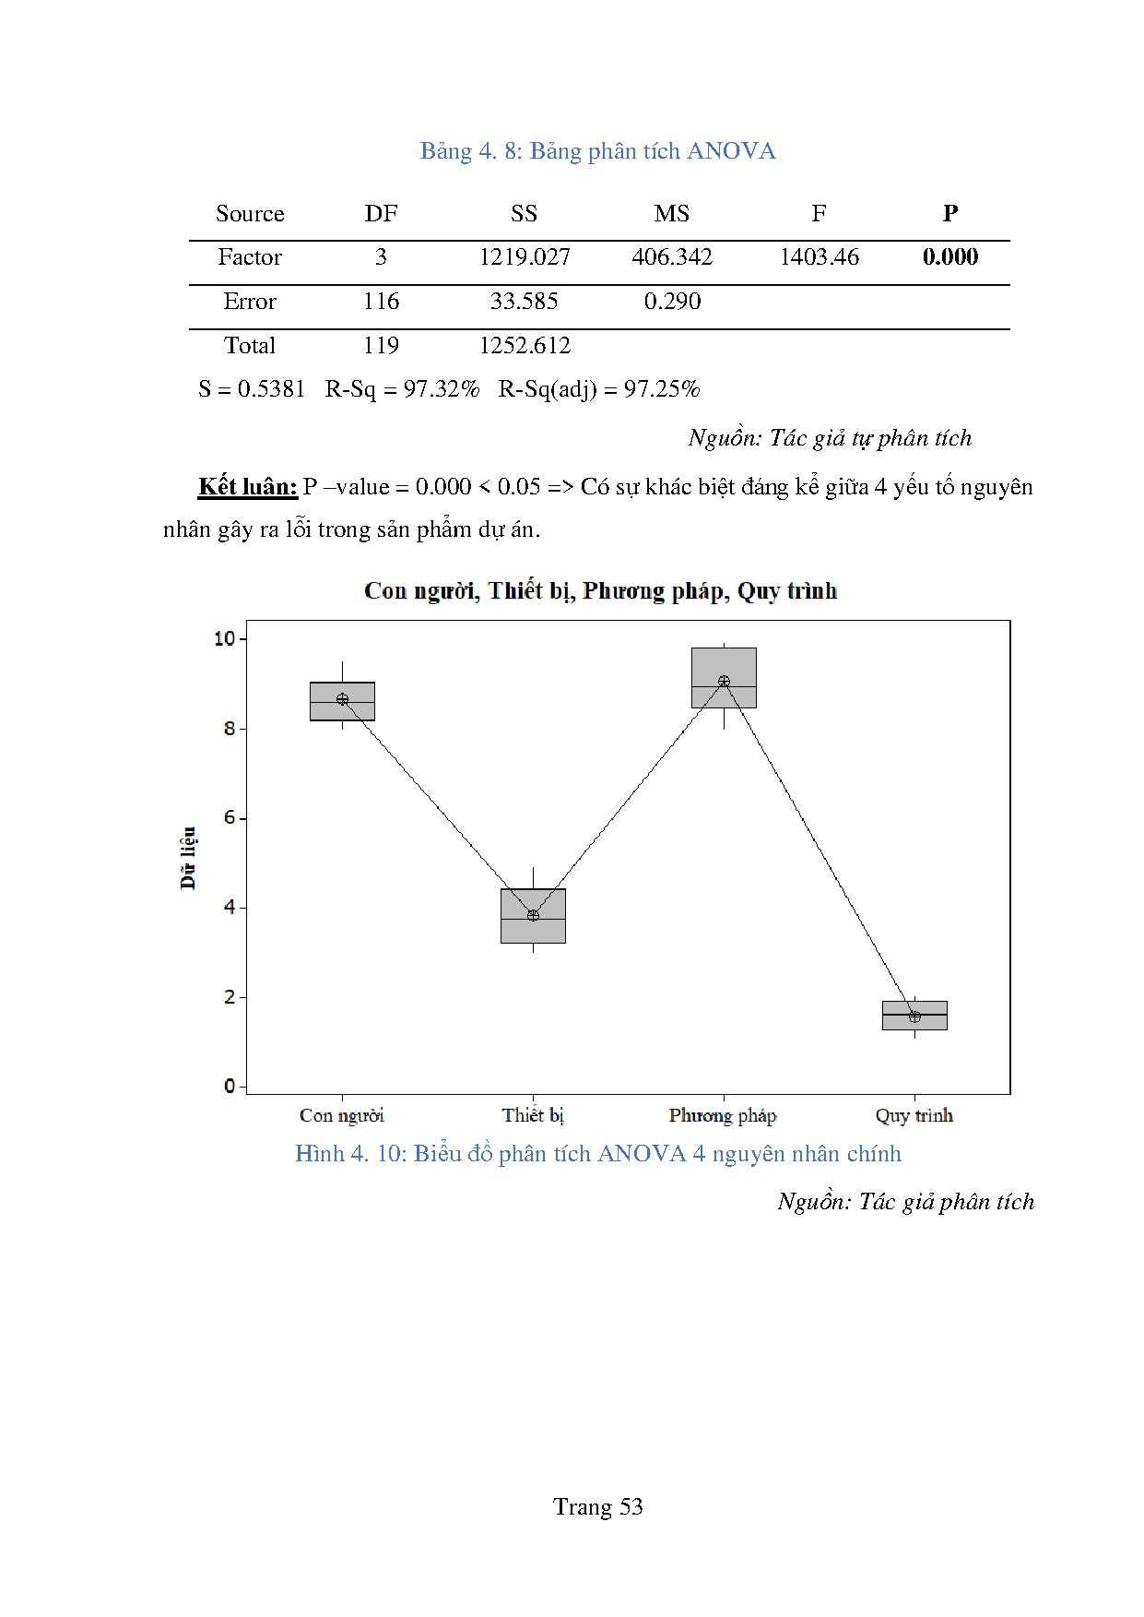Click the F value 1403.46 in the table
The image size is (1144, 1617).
[819, 257]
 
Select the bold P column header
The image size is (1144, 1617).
[950, 213]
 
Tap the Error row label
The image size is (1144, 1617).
[250, 302]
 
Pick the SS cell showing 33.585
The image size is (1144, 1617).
[524, 302]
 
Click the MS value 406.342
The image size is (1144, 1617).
[672, 257]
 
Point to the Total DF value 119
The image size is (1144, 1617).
[381, 346]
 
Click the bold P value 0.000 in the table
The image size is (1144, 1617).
[950, 257]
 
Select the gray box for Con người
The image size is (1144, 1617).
[342, 711]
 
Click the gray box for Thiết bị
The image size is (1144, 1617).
[533, 927]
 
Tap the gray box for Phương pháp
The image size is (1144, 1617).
[724, 664]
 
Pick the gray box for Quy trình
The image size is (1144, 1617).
[914, 1022]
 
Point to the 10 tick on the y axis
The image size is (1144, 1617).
[225, 638]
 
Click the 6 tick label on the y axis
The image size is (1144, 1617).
[230, 818]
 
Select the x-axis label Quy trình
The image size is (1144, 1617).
[914, 1116]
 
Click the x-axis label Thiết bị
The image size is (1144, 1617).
[533, 1116]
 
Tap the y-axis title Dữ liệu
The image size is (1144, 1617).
[188, 858]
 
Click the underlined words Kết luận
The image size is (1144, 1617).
[248, 487]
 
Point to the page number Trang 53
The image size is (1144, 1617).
[597, 1507]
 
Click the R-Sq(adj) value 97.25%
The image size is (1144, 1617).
[662, 389]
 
